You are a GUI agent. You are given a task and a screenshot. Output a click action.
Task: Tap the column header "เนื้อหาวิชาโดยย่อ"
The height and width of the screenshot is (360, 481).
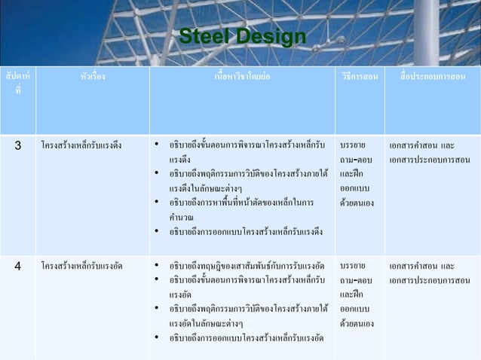click(x=243, y=78)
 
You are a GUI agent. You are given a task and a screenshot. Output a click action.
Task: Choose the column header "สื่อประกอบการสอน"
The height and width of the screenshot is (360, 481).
click(x=433, y=78)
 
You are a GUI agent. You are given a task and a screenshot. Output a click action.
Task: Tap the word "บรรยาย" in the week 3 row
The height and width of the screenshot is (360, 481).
click(x=353, y=144)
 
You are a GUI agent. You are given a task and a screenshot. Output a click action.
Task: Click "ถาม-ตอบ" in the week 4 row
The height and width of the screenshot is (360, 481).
click(x=355, y=280)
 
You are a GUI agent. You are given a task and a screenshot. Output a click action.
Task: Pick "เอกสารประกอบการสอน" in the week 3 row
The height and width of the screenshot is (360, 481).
click(x=430, y=159)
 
